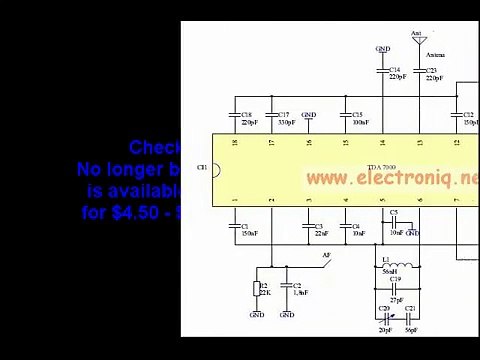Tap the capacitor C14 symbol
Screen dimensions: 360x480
tap(383, 71)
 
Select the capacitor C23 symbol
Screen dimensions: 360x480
tap(420, 71)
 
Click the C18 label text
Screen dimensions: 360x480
tap(246, 115)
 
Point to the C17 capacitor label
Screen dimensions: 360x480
tap(283, 115)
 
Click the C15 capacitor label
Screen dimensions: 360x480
tap(357, 115)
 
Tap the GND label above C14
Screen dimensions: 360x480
tap(383, 48)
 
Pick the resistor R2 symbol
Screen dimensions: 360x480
tap(256, 290)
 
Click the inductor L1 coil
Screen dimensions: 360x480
tap(396, 267)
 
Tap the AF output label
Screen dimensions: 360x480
tap(326, 256)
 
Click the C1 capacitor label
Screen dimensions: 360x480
tap(245, 226)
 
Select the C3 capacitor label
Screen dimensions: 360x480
tap(319, 226)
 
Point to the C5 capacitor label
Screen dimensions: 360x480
tap(393, 213)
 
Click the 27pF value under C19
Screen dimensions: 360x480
tap(396, 300)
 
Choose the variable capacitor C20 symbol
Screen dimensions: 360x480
tap(385, 319)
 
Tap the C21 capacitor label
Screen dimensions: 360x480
tap(410, 308)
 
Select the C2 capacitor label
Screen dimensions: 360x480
tap(297, 285)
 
